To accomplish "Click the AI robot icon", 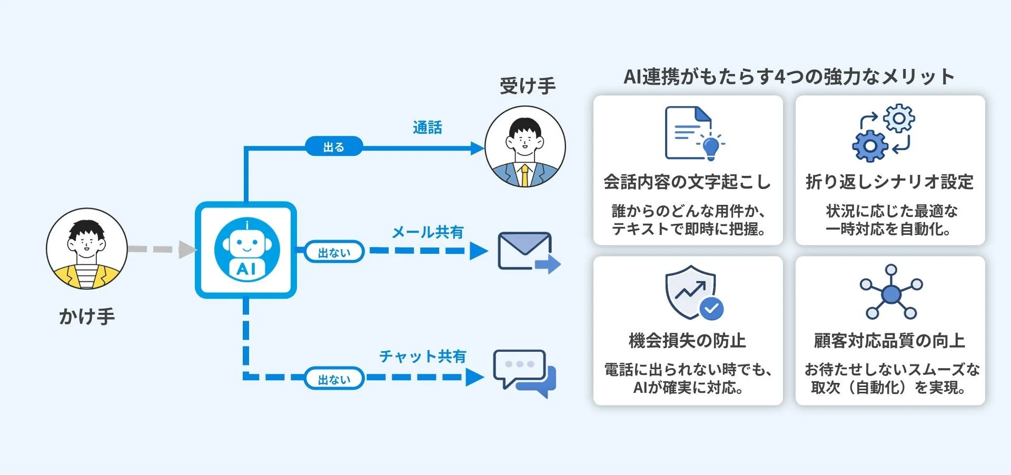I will (246, 250).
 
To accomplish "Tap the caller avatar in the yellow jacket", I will (87, 249).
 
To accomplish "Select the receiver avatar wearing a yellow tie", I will (525, 147).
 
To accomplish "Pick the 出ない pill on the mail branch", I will (334, 252).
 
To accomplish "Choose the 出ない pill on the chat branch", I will (334, 379).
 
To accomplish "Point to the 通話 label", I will (427, 127).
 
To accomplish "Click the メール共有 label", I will (428, 232).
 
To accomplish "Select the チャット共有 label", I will (423, 357).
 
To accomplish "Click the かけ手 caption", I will (87, 316).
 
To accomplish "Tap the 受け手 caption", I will (528, 85).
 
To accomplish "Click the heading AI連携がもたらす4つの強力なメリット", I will (789, 77).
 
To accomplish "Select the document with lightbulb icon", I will (694, 134).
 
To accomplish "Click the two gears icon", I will (884, 133).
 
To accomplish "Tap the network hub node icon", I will (891, 293).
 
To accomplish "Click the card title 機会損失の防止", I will (688, 341).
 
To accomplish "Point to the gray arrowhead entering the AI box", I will (187, 250).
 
